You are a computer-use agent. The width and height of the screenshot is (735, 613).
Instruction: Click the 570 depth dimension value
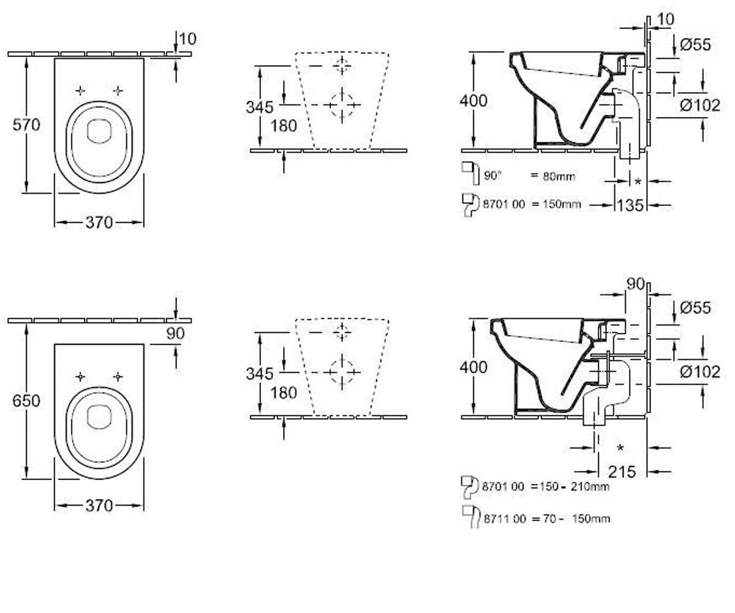click(x=26, y=125)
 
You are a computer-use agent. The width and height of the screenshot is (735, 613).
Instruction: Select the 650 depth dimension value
click(x=26, y=401)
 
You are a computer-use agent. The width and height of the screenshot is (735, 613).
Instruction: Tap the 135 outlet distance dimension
click(x=630, y=205)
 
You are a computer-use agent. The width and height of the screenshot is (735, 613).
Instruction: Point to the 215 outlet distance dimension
click(x=622, y=472)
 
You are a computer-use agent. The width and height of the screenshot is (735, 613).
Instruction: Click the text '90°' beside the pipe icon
click(x=492, y=175)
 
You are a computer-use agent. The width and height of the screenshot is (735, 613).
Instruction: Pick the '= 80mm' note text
click(x=553, y=176)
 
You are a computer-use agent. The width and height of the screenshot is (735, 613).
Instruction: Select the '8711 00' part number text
click(x=505, y=519)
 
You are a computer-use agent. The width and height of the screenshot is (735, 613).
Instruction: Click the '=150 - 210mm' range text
click(x=570, y=487)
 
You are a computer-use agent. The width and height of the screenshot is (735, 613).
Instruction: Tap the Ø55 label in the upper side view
click(x=695, y=45)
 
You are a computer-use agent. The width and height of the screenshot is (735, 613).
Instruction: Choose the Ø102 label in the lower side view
click(x=700, y=372)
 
